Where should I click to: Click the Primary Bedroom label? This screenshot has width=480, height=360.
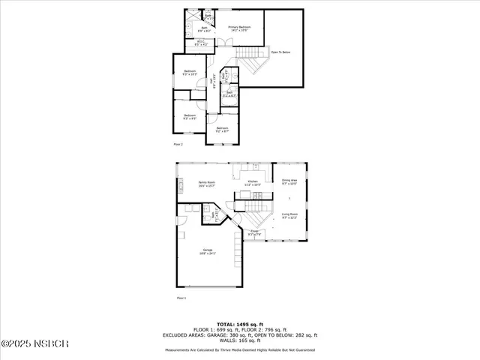239,28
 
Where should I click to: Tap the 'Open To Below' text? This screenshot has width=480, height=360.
281,53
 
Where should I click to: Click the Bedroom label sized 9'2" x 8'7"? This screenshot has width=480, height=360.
222,130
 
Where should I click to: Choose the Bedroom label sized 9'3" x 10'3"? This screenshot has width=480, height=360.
189,73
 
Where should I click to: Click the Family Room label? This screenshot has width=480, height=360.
207,184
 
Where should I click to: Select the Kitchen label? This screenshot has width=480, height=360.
253,182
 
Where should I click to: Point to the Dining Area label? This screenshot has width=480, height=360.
289,181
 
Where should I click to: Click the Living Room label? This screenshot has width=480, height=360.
289,217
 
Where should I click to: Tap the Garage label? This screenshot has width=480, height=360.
207,251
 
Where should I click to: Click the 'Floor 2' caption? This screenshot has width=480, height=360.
178,143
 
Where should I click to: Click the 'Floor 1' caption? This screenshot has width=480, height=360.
181,298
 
